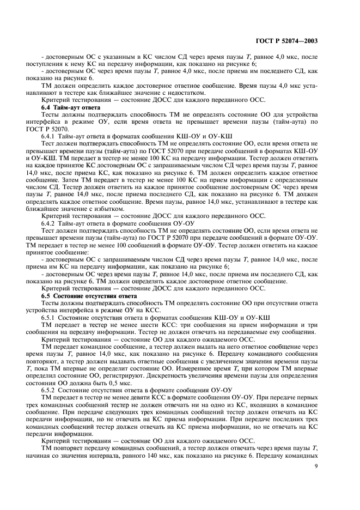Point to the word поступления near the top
(x=46, y=64)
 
